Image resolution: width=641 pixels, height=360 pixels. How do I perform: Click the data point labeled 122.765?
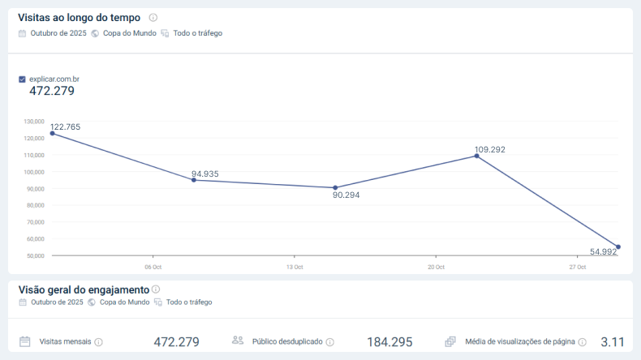point(52,133)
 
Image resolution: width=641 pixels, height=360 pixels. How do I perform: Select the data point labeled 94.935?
point(193,180)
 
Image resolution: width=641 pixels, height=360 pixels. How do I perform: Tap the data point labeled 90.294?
point(335,187)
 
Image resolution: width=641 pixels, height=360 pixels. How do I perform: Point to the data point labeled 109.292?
point(476,156)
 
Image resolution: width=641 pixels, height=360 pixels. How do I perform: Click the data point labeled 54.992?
point(618,247)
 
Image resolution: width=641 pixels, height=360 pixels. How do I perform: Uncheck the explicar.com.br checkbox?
point(22,79)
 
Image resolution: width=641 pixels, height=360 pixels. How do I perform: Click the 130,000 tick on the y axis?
point(34,122)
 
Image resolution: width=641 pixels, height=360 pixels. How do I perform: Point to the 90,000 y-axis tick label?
point(34,189)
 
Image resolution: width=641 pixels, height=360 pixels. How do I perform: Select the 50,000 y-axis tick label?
point(34,255)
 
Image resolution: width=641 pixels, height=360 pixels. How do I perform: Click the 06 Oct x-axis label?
point(153,267)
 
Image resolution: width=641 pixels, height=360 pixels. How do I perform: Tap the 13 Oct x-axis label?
point(295,267)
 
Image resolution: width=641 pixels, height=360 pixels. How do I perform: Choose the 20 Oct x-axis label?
point(436,267)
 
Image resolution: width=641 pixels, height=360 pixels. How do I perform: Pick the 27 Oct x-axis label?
point(577,267)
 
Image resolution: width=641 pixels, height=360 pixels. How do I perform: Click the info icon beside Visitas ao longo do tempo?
point(153,18)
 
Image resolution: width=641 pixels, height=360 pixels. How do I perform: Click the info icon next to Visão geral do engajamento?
point(156,289)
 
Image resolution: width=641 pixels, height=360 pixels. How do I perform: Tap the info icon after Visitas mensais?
point(99,342)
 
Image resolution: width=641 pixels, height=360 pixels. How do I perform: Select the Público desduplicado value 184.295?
point(389,342)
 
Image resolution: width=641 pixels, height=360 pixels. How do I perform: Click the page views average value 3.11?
point(613,342)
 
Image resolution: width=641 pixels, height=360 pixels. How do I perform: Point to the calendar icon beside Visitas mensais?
point(25,341)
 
